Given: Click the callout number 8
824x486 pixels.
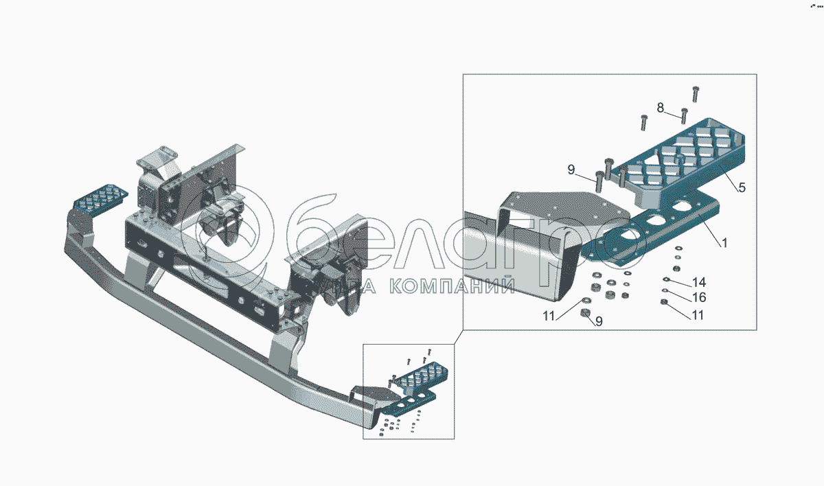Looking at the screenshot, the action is click(661, 108).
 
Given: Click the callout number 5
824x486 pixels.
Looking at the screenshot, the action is click(742, 187).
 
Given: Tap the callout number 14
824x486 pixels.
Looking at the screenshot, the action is click(699, 282).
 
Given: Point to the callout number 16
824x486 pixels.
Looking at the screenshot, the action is click(699, 298).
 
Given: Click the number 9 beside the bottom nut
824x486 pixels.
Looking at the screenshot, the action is click(599, 321).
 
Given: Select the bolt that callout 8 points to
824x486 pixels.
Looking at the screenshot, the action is click(684, 115).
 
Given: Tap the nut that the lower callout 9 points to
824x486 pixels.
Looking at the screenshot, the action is click(585, 314).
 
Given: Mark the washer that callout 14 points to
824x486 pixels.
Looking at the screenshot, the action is click(666, 279).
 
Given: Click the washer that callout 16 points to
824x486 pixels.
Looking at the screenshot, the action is click(665, 291).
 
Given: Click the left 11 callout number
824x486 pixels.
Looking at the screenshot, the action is click(549, 316).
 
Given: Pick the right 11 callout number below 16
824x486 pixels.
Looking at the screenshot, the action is click(698, 316).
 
